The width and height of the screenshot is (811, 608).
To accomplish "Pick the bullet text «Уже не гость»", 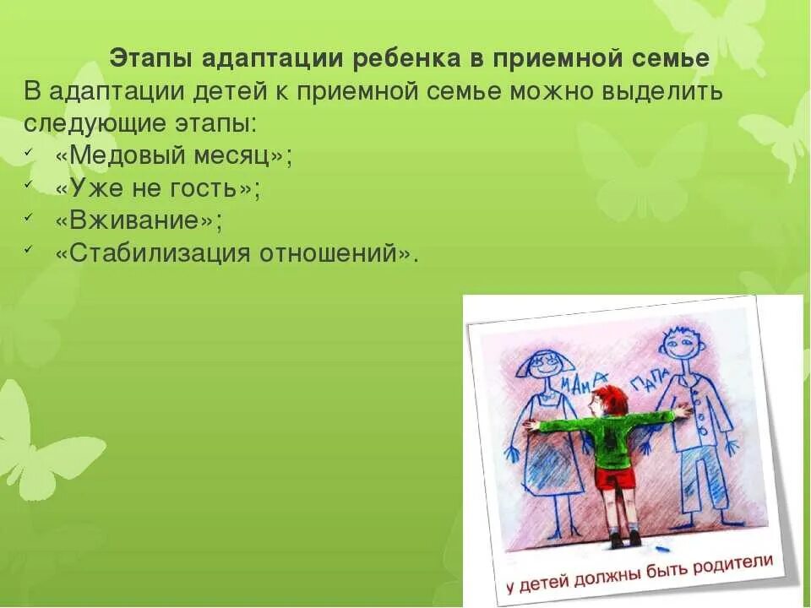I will (157, 188).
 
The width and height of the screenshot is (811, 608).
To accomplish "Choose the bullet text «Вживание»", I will (139, 220).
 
